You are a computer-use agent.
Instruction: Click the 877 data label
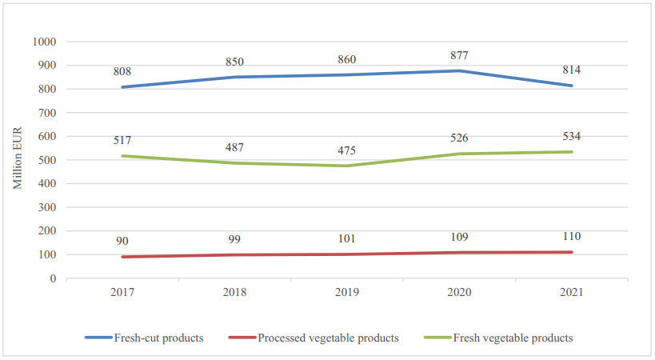[x=459, y=55]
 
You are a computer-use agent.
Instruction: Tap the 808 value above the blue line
[x=122, y=71]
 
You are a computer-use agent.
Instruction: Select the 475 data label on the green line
[x=347, y=150]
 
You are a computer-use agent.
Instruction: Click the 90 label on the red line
[x=122, y=241]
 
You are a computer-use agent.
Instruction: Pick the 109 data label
[x=459, y=237]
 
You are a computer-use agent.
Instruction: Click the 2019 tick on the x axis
[x=347, y=294]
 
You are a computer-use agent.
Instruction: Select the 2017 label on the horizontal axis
[x=122, y=294]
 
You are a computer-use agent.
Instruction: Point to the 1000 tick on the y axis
[x=45, y=42]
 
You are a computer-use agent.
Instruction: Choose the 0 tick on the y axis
[x=54, y=278]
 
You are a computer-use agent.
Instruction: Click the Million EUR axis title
[x=17, y=160]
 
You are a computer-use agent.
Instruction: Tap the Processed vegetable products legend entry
[x=328, y=338]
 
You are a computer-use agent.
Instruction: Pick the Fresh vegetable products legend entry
[x=513, y=338]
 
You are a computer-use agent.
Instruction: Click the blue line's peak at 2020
[x=459, y=70]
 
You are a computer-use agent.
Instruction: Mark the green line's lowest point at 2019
[x=347, y=166]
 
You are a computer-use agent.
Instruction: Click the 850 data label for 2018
[x=235, y=62]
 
